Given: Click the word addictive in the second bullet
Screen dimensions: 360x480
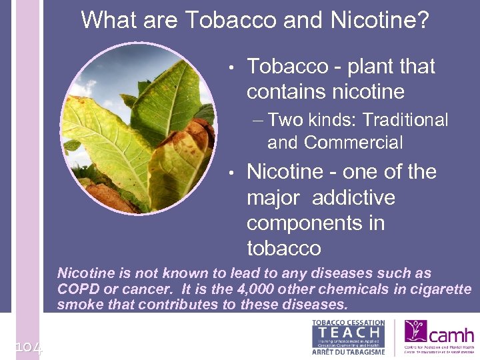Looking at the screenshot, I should (x=353, y=198).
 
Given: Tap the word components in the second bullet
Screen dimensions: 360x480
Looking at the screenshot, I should (x=315, y=223).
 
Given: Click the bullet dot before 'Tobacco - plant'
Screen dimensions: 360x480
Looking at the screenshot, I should (x=229, y=67).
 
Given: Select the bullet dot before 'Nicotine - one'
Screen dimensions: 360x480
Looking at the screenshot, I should (x=229, y=173).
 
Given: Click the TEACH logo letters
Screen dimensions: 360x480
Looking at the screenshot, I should (x=348, y=331).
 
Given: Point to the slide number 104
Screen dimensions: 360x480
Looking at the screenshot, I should (x=28, y=347).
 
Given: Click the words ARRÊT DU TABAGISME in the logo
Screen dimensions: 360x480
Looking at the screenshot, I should (x=348, y=352).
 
